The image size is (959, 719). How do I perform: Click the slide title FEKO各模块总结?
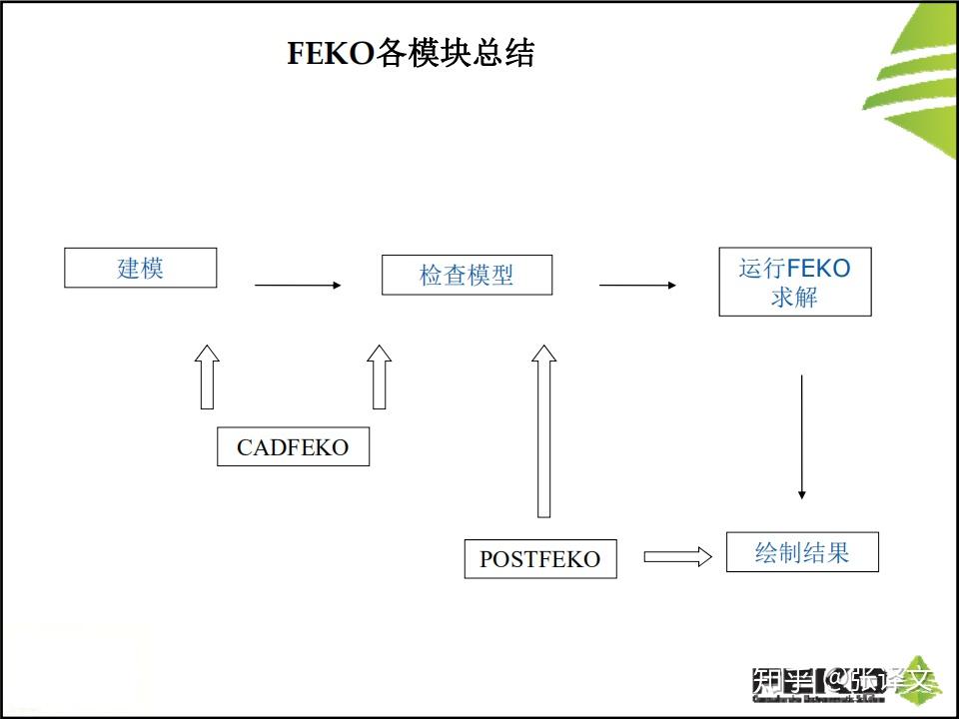pos(411,53)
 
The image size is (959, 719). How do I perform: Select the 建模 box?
pos(140,268)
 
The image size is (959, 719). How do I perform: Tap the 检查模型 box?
pos(467,275)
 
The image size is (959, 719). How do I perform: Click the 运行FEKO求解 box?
pos(795,282)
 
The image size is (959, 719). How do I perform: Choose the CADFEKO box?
pos(293,446)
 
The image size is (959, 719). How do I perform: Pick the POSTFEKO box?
pos(540,558)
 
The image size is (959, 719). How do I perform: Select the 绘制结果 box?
pos(802,552)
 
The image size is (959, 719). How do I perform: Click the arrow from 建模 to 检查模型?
pos(298,286)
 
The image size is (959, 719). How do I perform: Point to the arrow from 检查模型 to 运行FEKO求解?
pos(637,286)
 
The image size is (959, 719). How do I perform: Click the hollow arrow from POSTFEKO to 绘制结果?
pos(677,557)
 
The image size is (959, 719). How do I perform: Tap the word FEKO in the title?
pos(331,53)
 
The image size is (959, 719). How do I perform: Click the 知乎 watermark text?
pos(781,682)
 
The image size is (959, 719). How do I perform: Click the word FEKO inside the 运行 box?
pos(818,268)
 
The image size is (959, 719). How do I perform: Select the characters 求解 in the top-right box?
pos(795,297)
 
